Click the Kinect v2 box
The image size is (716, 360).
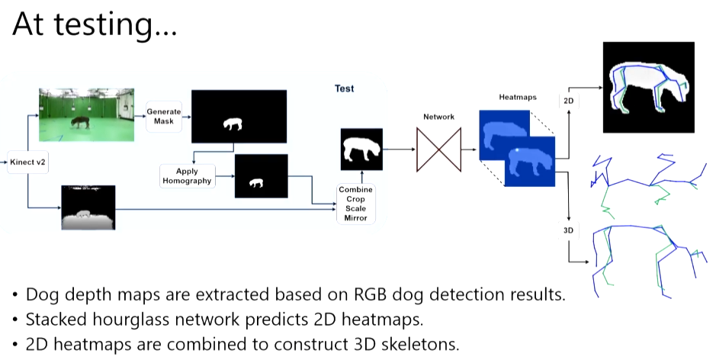27,162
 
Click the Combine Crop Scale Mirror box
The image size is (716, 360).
355,203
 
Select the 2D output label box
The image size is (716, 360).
569,101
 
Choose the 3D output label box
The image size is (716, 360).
568,230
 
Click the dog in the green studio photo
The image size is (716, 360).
79,122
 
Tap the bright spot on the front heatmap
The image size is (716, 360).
519,152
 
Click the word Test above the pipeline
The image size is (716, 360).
345,88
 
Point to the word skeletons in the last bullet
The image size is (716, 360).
417,344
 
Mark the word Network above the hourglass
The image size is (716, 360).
438,117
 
